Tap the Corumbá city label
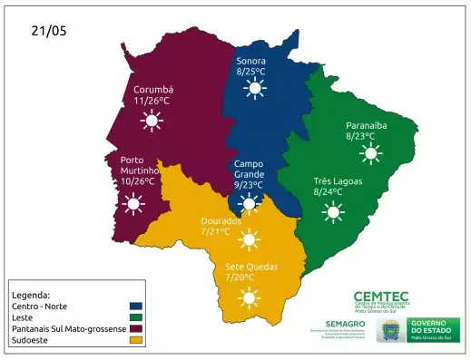153,90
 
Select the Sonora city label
251,61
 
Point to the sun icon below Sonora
253,88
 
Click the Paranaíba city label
367,125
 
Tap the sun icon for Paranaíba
369,153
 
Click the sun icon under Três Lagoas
333,213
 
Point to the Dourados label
221,220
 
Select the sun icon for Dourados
247,239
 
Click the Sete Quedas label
251,267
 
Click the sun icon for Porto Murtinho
134,204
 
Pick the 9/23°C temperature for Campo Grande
248,185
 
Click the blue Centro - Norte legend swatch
136,306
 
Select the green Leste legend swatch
136,317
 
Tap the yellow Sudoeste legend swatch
136,340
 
